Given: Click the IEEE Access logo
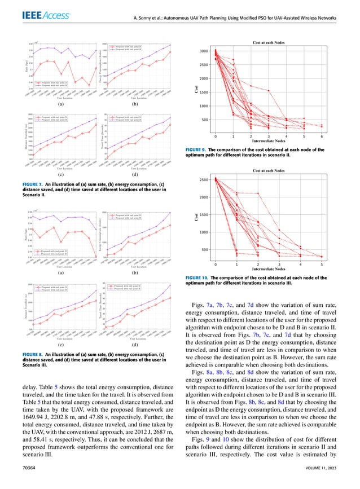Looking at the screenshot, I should point(35,19).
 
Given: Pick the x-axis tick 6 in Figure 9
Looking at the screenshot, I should point(322,136).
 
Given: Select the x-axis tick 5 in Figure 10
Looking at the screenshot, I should point(322,264).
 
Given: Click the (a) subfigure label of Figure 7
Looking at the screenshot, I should point(60,105).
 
